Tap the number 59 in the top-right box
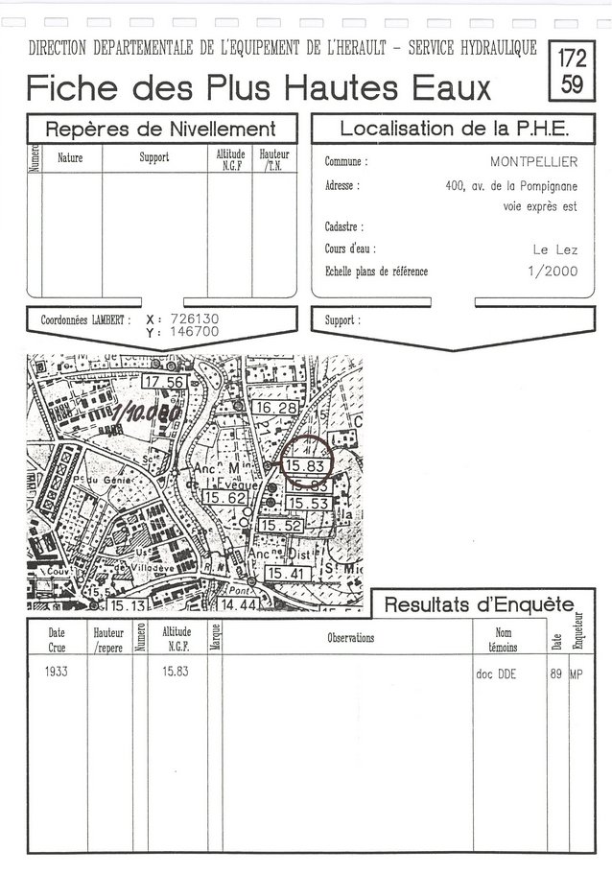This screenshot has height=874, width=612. click(572, 83)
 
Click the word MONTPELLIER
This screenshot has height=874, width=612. click(533, 162)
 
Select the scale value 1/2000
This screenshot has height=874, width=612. click(553, 272)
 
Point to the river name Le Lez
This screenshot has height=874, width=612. click(555, 249)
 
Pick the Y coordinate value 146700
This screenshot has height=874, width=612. click(195, 332)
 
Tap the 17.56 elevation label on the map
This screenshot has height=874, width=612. click(163, 382)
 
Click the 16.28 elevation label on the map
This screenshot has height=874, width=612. click(275, 408)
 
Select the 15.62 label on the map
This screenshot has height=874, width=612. click(225, 498)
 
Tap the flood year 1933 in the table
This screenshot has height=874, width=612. click(56, 673)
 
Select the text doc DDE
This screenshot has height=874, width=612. click(495, 674)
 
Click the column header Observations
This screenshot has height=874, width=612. click(350, 638)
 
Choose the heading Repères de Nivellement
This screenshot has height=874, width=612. click(161, 130)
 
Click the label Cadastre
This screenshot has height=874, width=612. click(343, 227)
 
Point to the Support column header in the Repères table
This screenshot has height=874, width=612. click(154, 156)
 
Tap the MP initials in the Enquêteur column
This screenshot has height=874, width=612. click(576, 674)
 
